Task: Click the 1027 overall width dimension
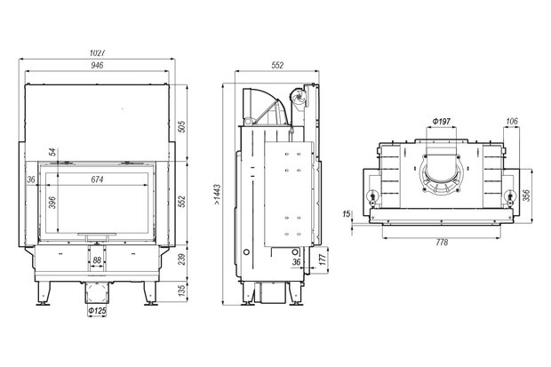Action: point(98,53)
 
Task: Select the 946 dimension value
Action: point(97,65)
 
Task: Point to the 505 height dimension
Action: point(181,126)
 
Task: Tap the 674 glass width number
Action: point(98,180)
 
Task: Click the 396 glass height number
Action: point(52,203)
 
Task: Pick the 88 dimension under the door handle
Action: point(97,260)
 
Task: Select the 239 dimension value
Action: point(181,259)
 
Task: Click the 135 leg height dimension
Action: point(181,291)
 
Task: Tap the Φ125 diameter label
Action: point(97,311)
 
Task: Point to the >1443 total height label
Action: point(217,195)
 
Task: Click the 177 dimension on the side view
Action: point(323,259)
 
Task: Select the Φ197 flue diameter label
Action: point(441,122)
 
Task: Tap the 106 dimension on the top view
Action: point(512,121)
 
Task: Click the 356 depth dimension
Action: point(526,195)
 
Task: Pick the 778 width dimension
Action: point(442,243)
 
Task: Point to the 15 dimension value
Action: point(346,213)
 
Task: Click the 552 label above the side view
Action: point(277,65)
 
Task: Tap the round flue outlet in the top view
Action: point(442,174)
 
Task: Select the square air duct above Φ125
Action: point(97,293)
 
